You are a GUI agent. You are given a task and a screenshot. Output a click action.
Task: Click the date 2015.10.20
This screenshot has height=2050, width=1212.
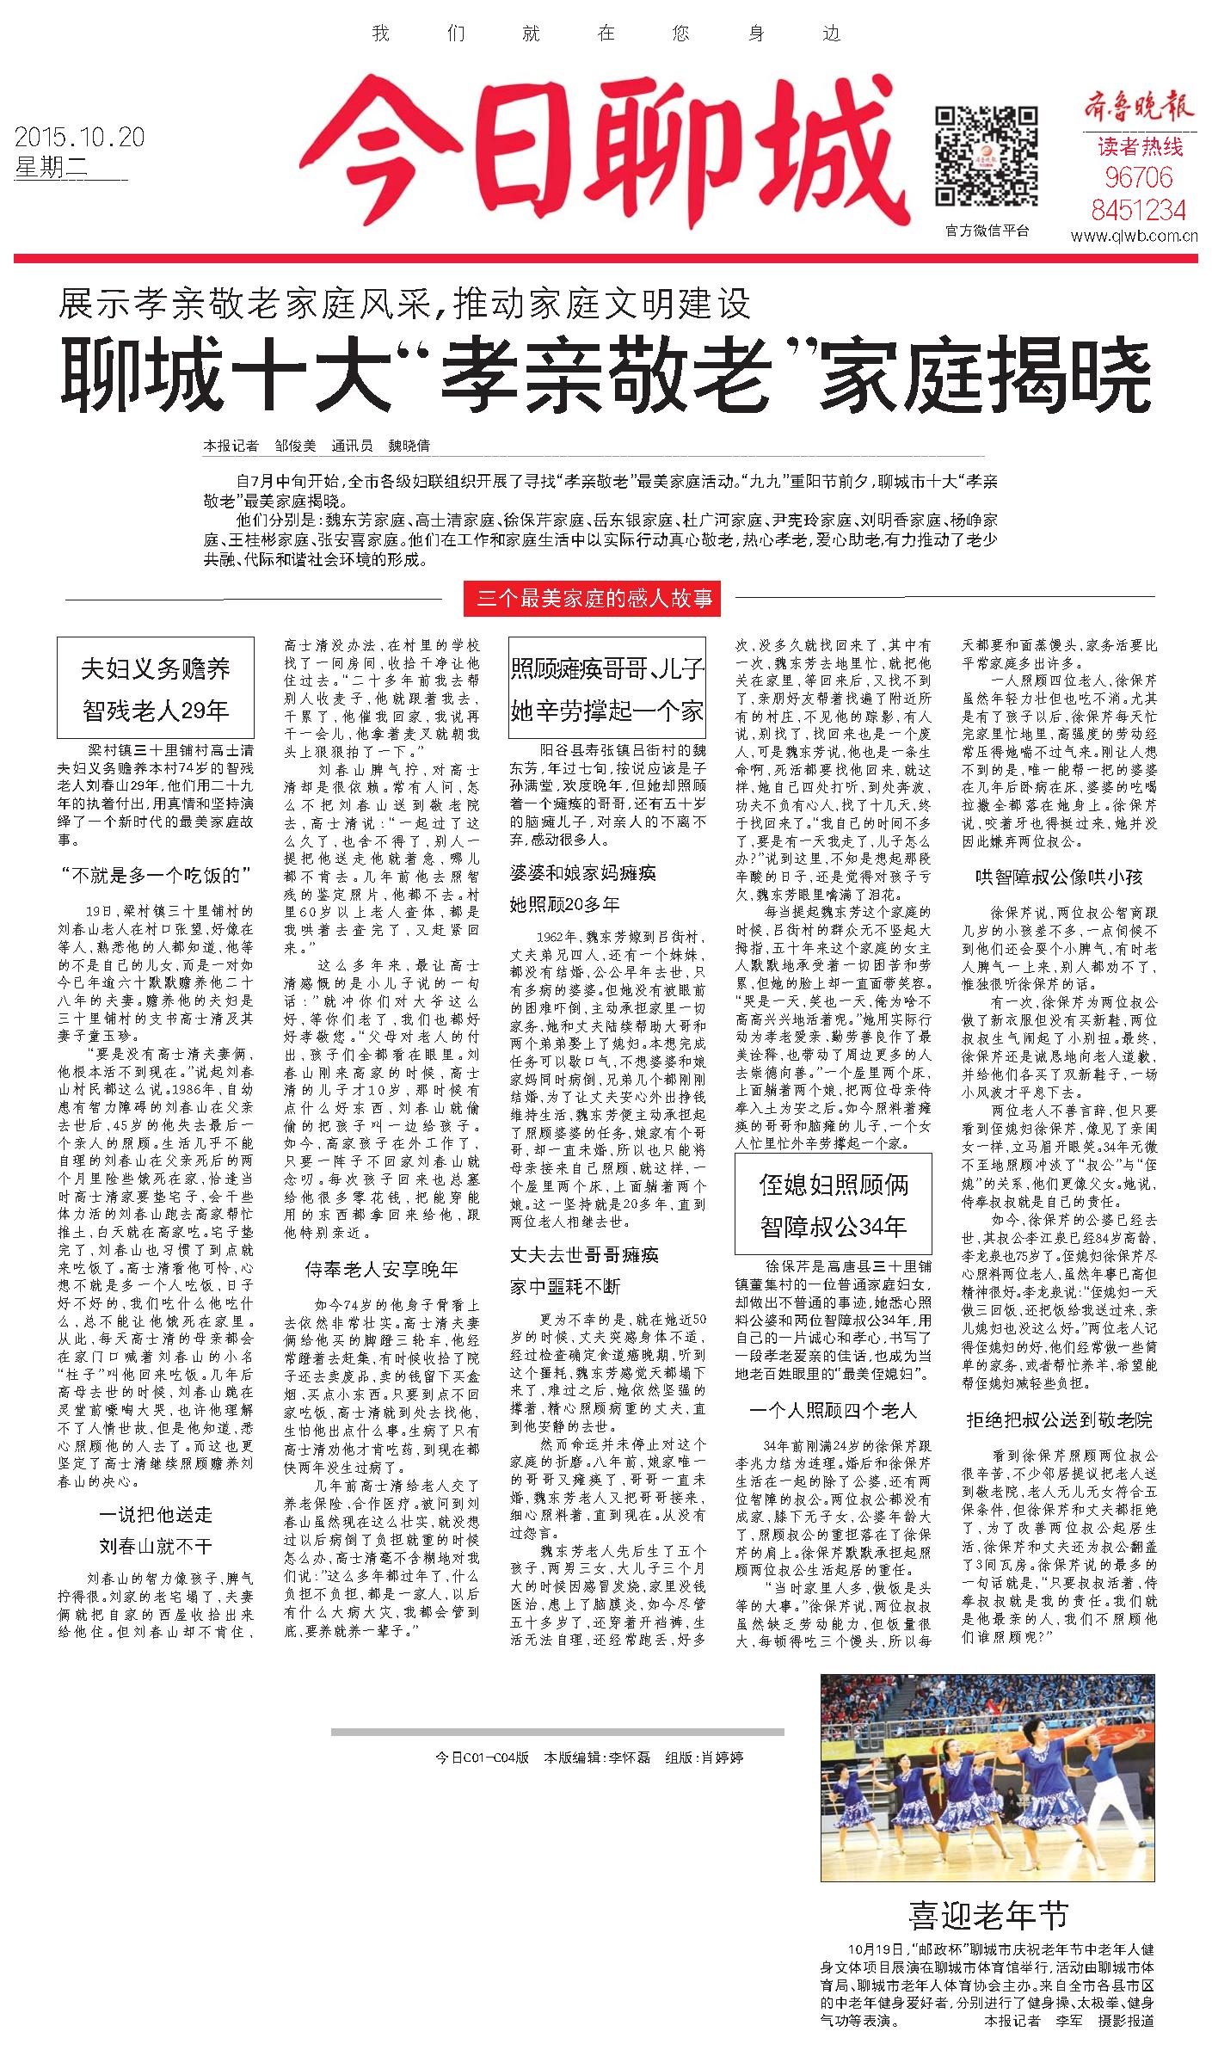pos(79,137)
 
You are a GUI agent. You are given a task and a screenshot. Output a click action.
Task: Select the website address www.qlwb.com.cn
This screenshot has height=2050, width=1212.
pos(1135,236)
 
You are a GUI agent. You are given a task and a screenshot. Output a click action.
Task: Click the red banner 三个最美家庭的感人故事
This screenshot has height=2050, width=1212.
pos(591,598)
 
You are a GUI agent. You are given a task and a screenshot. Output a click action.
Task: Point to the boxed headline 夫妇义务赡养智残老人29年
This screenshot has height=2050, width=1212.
pos(156,688)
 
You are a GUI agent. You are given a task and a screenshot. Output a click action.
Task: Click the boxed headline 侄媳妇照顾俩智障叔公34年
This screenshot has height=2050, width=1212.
pos(833,1204)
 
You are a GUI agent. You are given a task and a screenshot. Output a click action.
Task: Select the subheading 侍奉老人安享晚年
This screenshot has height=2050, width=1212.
pos(381,1268)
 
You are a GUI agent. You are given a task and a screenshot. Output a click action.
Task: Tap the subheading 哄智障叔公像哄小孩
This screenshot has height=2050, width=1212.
pos(1058,877)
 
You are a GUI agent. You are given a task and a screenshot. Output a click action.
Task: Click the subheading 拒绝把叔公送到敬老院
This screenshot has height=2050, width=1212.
pos(1059,1419)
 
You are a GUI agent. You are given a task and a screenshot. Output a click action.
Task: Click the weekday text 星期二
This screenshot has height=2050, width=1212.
pos(52,169)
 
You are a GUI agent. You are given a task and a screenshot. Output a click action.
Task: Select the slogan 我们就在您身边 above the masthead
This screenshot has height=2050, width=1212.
pos(606,34)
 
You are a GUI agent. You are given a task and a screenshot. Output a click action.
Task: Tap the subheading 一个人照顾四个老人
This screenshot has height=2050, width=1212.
pos(833,1410)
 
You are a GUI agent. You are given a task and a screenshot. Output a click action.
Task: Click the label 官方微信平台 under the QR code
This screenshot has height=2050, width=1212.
pos(987,231)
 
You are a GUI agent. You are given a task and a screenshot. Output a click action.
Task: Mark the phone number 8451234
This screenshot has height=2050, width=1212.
pos(1138,209)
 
